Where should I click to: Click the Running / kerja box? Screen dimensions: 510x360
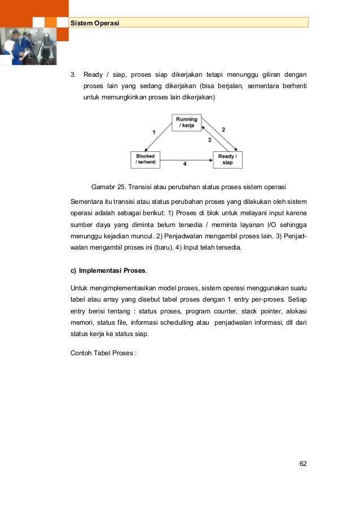point(186,123)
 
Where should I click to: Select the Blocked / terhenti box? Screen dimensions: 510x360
point(145,159)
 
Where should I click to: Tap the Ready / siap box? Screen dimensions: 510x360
point(227,159)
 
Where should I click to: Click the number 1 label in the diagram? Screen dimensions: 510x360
point(153,132)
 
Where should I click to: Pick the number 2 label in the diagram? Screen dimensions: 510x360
point(223,129)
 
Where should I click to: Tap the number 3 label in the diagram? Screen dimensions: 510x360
point(209,139)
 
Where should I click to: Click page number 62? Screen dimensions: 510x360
point(303,464)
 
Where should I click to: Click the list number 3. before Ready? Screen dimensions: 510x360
point(72,74)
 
